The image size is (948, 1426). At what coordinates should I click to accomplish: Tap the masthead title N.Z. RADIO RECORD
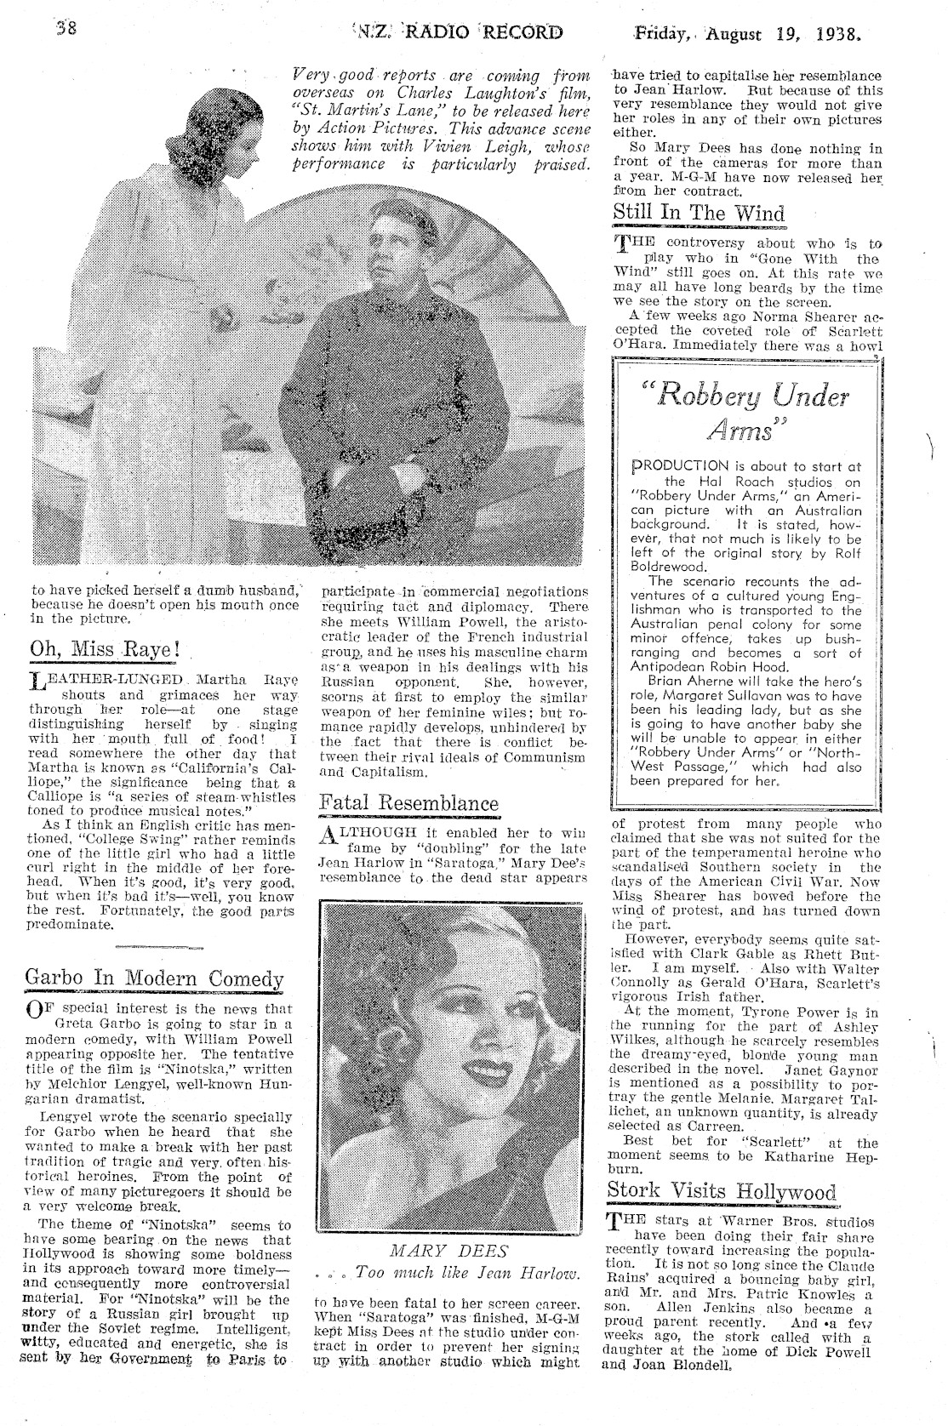[x=456, y=33]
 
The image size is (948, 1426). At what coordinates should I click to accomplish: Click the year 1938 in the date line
[x=836, y=36]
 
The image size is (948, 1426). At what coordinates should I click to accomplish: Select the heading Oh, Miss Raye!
[x=106, y=646]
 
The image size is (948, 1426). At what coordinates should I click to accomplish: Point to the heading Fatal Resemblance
[x=408, y=802]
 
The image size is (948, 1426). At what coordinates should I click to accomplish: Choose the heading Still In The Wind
[x=698, y=213]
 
